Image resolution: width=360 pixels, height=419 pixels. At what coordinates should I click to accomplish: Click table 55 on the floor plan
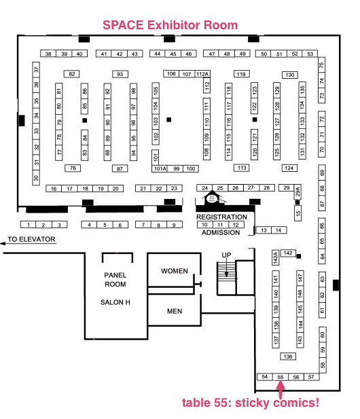(x=281, y=377)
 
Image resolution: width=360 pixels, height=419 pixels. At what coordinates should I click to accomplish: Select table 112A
(x=202, y=74)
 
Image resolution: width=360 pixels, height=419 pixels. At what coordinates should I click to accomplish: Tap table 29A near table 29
(x=298, y=192)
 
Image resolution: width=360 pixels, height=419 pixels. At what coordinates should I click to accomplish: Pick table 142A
(x=276, y=257)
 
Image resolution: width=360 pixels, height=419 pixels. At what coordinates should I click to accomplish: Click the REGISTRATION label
(x=221, y=217)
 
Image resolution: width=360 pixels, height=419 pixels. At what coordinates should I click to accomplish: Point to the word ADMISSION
(x=221, y=232)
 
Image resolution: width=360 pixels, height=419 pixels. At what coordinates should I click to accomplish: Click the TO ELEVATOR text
(x=31, y=239)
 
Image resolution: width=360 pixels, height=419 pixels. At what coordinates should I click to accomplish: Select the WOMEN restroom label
(x=175, y=271)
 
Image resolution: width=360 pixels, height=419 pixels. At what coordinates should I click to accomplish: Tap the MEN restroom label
(x=175, y=311)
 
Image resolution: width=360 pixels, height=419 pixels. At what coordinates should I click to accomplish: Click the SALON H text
(x=115, y=302)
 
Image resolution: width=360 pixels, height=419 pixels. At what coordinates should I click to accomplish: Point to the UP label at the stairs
(x=226, y=255)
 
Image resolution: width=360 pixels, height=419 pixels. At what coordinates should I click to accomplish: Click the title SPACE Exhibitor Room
(x=170, y=25)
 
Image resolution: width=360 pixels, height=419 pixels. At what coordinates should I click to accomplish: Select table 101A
(x=160, y=168)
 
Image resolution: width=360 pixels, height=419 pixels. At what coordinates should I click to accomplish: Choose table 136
(x=288, y=357)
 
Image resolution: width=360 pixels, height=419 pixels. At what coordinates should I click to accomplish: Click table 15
(x=298, y=213)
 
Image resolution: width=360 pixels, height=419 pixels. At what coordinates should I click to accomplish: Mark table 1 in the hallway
(x=29, y=225)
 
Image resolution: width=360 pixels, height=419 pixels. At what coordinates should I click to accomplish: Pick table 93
(x=120, y=74)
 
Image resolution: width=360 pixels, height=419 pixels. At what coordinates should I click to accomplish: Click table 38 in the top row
(x=48, y=54)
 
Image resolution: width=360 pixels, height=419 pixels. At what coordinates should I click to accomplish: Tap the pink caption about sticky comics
(x=251, y=403)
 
